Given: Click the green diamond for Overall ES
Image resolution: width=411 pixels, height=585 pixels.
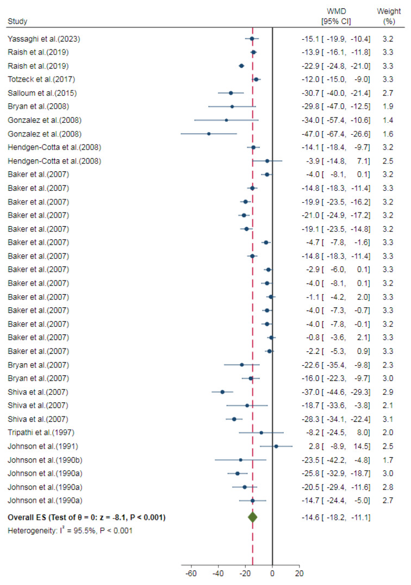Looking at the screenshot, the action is [252, 517].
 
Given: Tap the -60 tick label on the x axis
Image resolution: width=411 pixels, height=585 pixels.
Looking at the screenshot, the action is [191, 574].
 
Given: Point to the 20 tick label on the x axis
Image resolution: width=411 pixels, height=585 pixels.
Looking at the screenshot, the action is [299, 574].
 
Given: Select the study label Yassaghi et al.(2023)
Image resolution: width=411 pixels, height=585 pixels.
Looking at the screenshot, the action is [43, 39].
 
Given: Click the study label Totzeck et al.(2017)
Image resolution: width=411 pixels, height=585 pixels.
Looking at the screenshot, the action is [41, 79].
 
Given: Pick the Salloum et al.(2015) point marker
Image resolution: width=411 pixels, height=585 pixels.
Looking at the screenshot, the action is [231, 93].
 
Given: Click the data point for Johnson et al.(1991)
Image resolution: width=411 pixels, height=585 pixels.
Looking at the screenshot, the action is [276, 446].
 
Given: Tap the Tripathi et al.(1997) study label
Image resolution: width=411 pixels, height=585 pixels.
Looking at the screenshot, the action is [41, 432].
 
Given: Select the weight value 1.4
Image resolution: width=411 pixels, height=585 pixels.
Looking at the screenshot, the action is [388, 120].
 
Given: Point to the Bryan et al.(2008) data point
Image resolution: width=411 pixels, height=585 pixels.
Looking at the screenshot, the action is [232, 107].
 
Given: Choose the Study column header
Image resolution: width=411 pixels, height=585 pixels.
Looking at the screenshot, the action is [17, 21].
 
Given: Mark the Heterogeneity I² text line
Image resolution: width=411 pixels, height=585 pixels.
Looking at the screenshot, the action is [70, 531].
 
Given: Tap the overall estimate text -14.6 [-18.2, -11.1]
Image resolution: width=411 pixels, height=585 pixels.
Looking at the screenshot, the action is [336, 518].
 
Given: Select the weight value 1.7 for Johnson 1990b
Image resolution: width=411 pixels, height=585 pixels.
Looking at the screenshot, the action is [388, 460].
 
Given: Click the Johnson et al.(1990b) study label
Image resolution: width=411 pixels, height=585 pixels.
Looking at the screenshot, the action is [45, 460].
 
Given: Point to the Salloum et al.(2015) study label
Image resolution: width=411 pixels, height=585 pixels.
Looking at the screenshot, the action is [42, 93].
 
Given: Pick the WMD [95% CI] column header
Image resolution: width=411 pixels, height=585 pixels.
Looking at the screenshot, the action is [336, 16].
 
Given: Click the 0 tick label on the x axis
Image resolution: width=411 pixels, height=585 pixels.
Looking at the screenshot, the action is [272, 574].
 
